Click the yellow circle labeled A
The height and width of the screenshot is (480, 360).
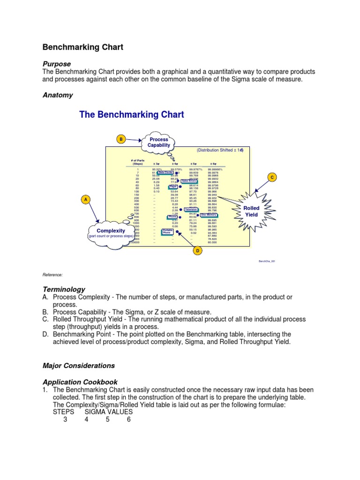[x=85, y=200]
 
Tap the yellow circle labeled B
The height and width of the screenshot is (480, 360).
[x=121, y=139]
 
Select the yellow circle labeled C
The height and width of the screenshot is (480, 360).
[x=271, y=177]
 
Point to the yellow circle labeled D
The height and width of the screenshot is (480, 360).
[x=197, y=251]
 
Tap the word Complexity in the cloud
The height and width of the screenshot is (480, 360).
[x=111, y=231]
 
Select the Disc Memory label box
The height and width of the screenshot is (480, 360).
[x=209, y=215]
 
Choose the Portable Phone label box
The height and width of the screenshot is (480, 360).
[x=167, y=232]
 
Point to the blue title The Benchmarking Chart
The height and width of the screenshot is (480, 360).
[x=132, y=114]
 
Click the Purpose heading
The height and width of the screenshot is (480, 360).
[x=57, y=64]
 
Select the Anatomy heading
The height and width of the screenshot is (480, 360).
[x=58, y=95]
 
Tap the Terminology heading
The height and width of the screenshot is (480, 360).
[x=64, y=290]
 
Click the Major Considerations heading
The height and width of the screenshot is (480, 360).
[x=79, y=365]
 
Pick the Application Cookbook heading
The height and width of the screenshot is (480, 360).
[x=80, y=382]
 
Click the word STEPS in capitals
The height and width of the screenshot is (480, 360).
[x=63, y=412]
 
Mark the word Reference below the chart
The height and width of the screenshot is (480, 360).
[x=53, y=275]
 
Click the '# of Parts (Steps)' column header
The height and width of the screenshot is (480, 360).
[x=137, y=162]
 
